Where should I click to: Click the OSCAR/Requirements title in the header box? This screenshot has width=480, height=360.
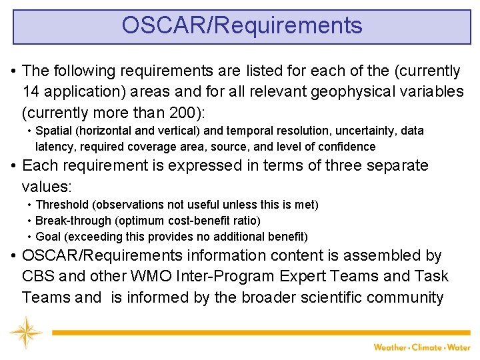(242, 25)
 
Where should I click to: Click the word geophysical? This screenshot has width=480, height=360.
(317, 91)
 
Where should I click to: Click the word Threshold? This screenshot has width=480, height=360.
(63, 205)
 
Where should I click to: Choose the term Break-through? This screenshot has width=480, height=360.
(71, 221)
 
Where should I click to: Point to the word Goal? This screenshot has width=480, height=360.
(48, 237)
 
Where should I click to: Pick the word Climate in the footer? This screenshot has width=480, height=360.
(429, 347)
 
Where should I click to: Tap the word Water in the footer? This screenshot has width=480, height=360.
(459, 347)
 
